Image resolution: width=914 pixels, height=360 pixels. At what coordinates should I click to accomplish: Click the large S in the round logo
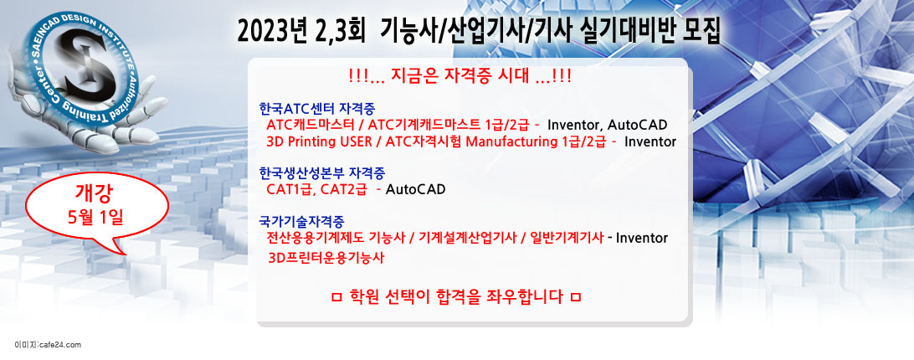coord(87,64)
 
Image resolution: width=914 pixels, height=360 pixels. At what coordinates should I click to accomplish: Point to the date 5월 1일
coord(95,217)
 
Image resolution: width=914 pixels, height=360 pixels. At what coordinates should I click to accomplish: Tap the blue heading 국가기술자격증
coord(301,221)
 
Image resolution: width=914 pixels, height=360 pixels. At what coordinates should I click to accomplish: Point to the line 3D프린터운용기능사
coord(326,258)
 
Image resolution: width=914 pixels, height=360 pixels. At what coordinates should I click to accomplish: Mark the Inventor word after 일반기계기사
coord(642,238)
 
